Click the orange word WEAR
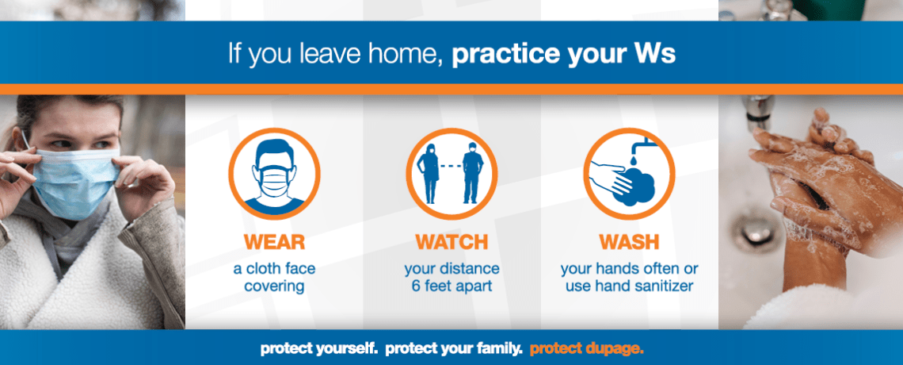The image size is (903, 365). (x=274, y=241)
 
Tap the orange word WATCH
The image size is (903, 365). (x=451, y=241)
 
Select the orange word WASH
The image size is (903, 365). (x=629, y=241)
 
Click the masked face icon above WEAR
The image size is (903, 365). (x=274, y=174)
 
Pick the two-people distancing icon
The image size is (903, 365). (x=451, y=174)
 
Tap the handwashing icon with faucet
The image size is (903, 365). (x=629, y=174)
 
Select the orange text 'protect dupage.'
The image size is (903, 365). (x=586, y=349)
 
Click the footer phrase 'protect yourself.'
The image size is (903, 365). (x=320, y=349)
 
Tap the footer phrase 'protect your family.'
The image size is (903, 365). (x=455, y=349)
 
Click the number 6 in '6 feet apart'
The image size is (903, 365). (x=415, y=286)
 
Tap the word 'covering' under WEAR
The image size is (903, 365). (x=274, y=286)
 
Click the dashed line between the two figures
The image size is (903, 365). (x=451, y=166)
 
